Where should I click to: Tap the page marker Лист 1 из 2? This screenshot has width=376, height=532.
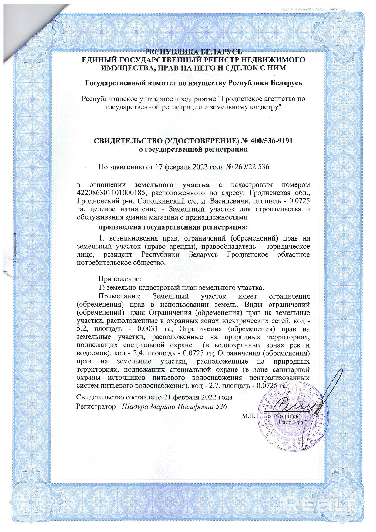point(293,422)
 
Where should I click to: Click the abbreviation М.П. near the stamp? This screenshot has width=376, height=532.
point(248,416)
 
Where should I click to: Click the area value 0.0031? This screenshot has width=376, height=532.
point(147,329)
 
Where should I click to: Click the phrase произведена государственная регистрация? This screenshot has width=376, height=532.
point(173,227)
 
